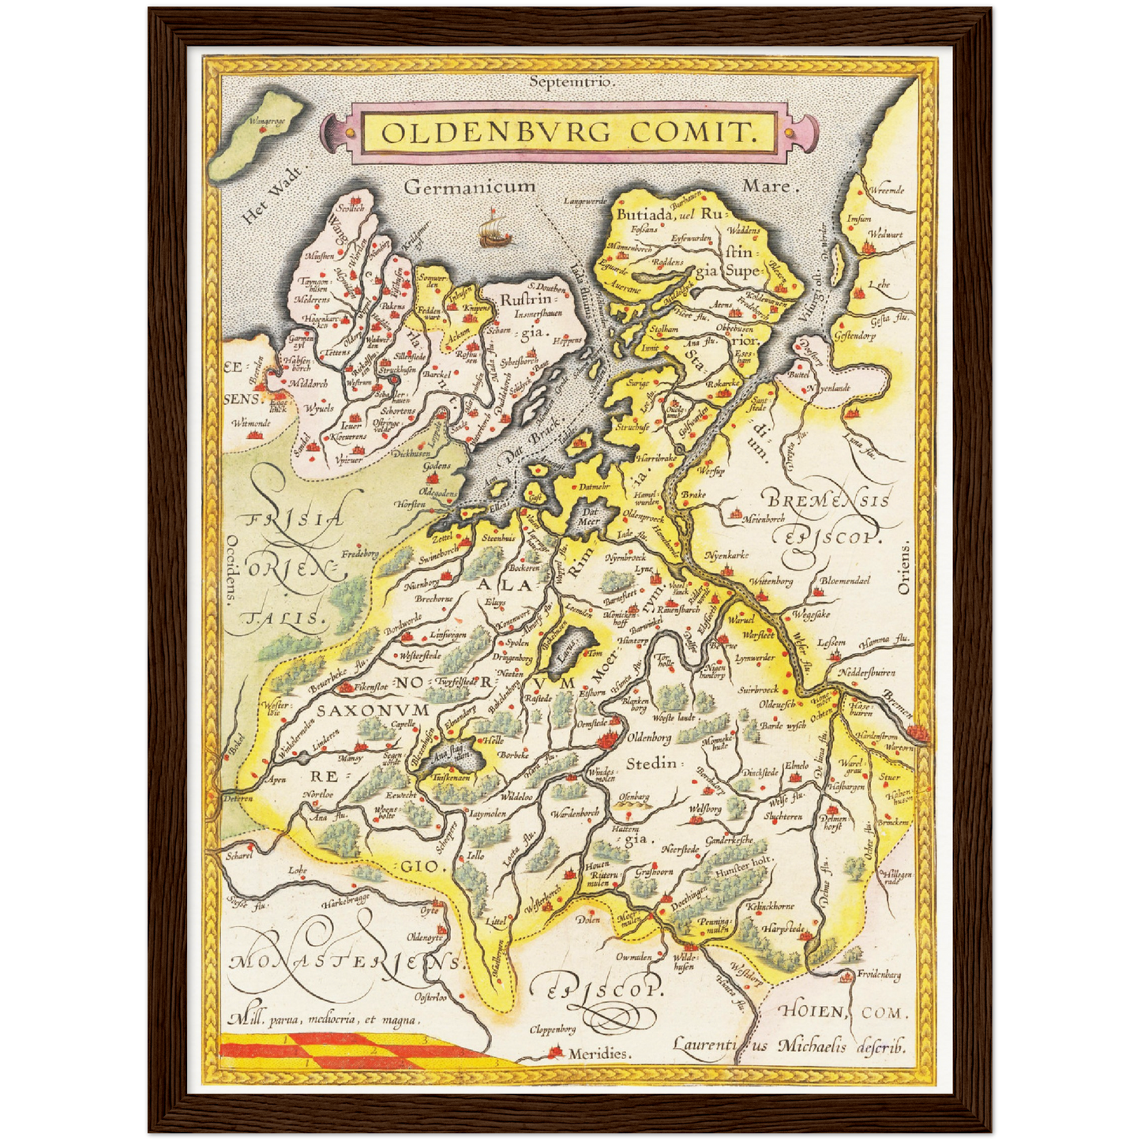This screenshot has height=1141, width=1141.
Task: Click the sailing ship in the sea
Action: [494, 228]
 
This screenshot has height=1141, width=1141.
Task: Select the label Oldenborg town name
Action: [648, 738]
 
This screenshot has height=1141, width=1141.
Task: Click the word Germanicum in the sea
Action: [469, 187]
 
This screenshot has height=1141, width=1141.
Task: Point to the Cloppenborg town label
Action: [552, 1029]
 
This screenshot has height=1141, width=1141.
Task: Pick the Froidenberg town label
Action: [880, 975]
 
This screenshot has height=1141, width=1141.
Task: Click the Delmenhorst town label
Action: [834, 822]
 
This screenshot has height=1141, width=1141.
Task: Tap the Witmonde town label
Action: [250, 423]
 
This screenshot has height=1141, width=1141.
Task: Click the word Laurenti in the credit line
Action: [704, 1045]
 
